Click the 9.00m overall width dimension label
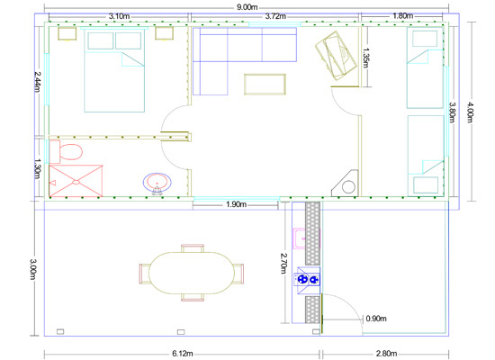pyautogui.click(x=247, y=7)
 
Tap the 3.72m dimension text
pyautogui.click(x=275, y=16)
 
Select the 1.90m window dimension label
pyautogui.click(x=236, y=204)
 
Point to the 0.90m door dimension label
pyautogui.click(x=376, y=319)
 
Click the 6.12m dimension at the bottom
pyautogui.click(x=183, y=354)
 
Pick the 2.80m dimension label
pyautogui.click(x=386, y=354)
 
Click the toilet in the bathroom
pyautogui.click(x=66, y=152)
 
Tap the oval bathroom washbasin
pyautogui.click(x=157, y=183)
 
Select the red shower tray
pyautogui.click(x=76, y=181)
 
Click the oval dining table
pyautogui.click(x=192, y=273)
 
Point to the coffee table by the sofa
pyautogui.click(x=265, y=85)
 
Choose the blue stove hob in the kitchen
pyautogui.click(x=307, y=279)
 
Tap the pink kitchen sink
pyautogui.click(x=300, y=238)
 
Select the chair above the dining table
pyautogui.click(x=193, y=247)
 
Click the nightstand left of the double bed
pyautogui.click(x=67, y=34)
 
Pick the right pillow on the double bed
pyautogui.click(x=128, y=40)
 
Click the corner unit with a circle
pyautogui.click(x=346, y=184)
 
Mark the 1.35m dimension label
pyautogui.click(x=365, y=58)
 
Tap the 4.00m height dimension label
pyautogui.click(x=471, y=112)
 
